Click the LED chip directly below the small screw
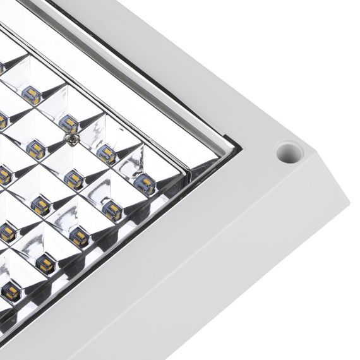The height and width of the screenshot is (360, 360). click(75, 179)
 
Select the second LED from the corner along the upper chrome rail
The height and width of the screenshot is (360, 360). click(107, 152)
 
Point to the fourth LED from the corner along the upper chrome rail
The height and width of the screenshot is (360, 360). click(29, 95)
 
